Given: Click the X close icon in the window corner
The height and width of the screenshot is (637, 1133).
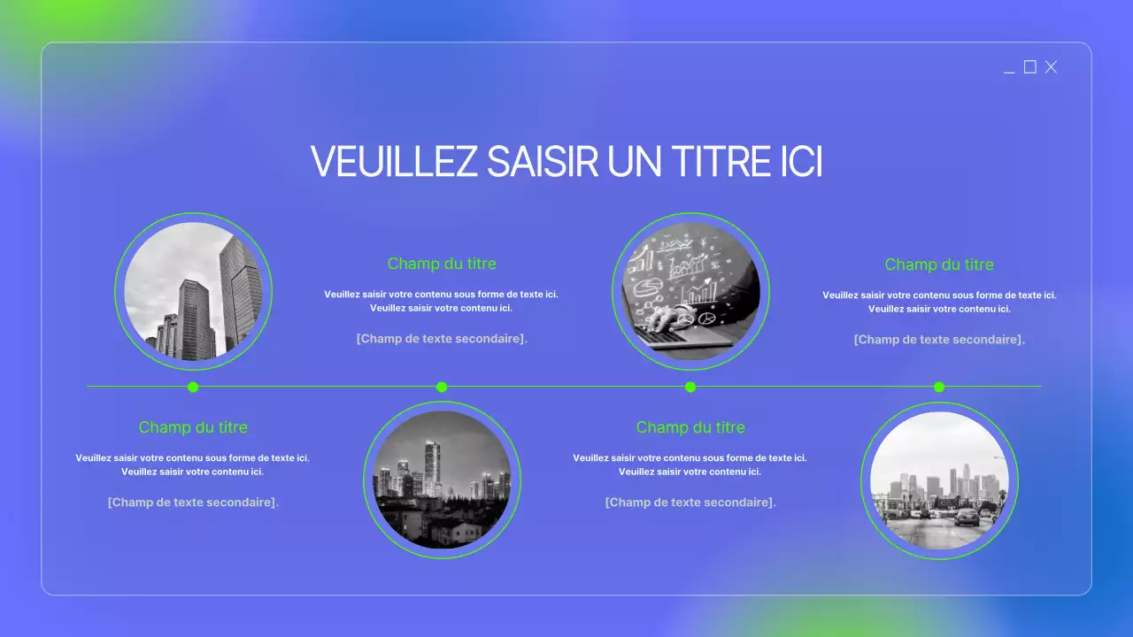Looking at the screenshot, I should [1051, 67].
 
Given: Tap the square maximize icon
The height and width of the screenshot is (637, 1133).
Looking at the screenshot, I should [1029, 67].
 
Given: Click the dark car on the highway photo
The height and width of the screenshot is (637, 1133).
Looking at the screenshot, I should [967, 517].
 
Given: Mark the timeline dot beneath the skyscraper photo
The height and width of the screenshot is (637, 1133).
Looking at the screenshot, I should [193, 387].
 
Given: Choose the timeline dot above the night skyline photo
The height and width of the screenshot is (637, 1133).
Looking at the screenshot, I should [442, 387].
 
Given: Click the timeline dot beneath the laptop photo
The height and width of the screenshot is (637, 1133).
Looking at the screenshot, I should [690, 387].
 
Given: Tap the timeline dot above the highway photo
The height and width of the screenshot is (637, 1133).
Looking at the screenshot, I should [939, 387].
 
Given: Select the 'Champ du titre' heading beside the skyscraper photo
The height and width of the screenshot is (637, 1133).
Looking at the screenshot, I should [442, 264].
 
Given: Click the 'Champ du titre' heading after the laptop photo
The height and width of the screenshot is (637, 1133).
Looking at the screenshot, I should [939, 265].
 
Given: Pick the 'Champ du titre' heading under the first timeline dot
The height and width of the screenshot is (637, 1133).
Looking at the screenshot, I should [193, 427].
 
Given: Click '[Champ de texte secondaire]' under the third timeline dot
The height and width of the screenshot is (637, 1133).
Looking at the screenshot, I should [690, 502].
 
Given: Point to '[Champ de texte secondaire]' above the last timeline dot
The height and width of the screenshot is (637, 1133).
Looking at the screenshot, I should [939, 339].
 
